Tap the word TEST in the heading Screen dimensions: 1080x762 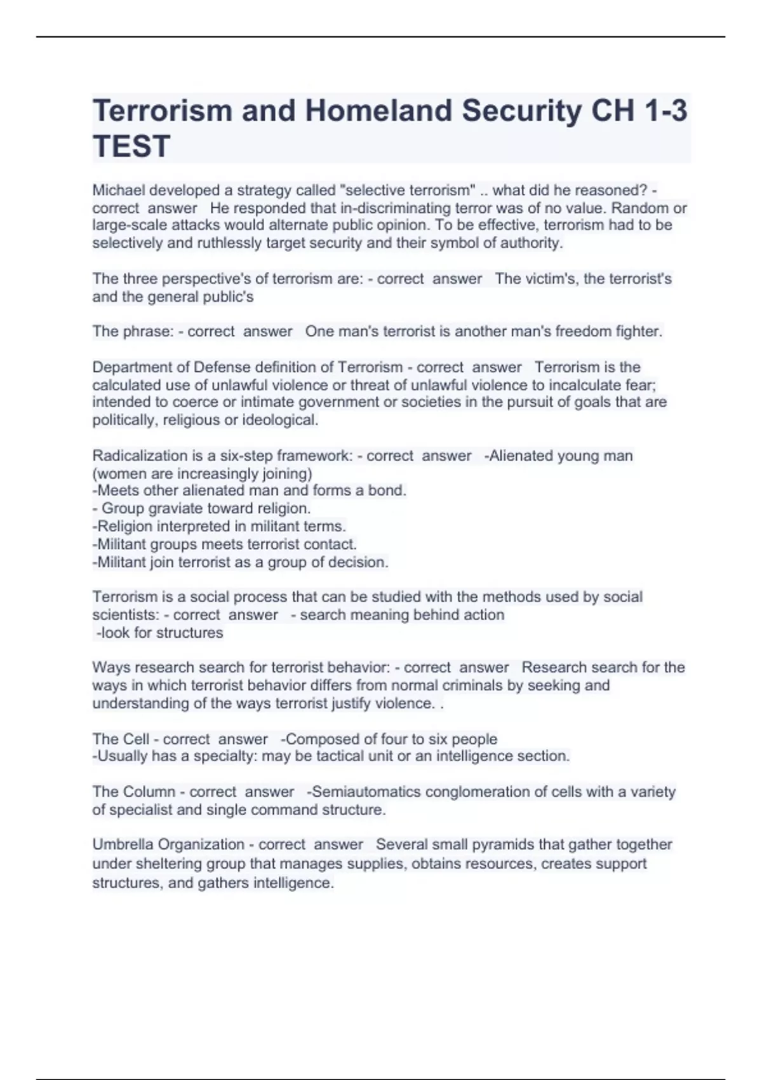tap(131, 146)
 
